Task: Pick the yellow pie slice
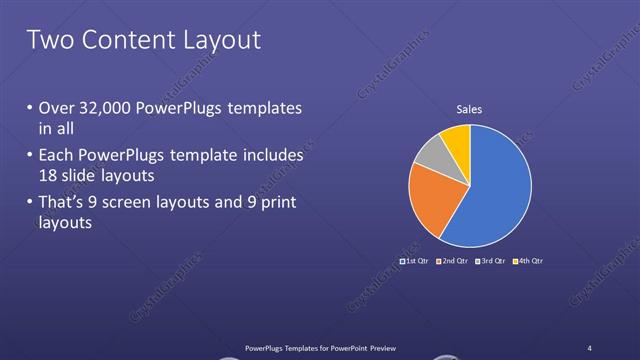pyautogui.click(x=456, y=140)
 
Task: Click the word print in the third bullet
pyautogui.click(x=280, y=204)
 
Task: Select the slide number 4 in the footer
pyautogui.click(x=590, y=347)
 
